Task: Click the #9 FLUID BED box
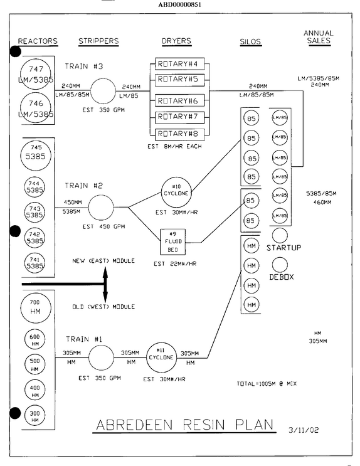(173, 242)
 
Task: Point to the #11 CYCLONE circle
(161, 357)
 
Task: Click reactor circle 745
(36, 155)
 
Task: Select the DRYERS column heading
(177, 41)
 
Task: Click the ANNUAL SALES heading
(319, 37)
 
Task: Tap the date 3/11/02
(304, 430)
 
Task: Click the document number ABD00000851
(179, 4)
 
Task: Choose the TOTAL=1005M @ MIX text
(267, 384)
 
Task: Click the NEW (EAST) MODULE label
(103, 261)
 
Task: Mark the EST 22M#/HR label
(175, 264)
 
